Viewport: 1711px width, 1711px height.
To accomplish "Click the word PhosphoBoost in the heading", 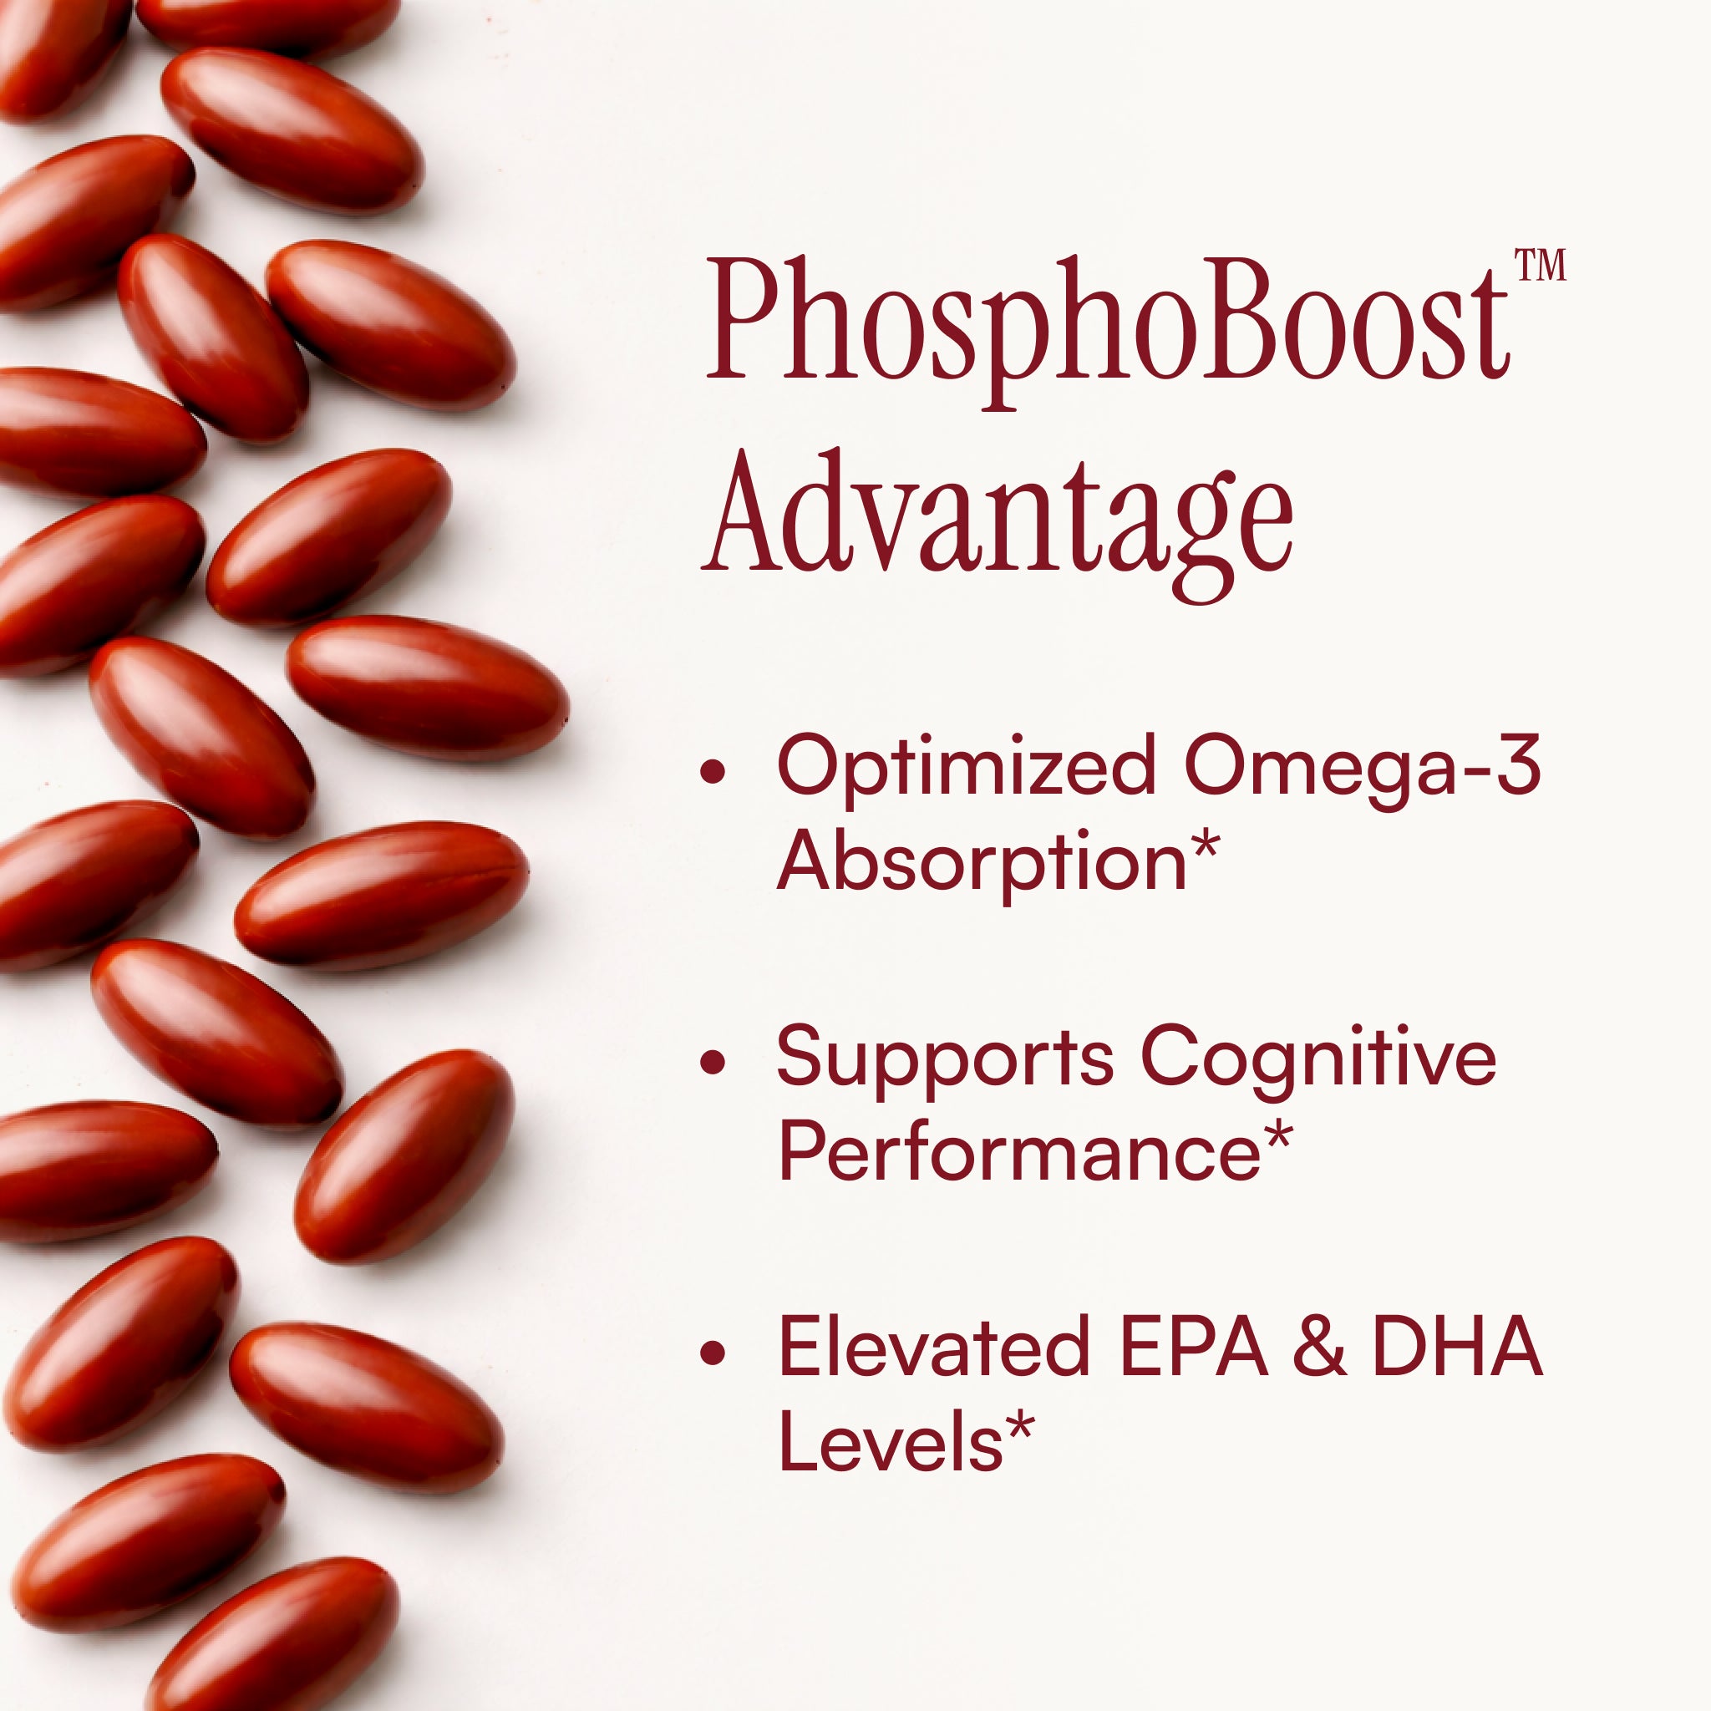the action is click(x=1107, y=333).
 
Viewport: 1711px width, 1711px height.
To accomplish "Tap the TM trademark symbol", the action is click(x=1540, y=265).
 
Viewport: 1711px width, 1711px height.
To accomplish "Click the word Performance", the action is click(x=1019, y=1152).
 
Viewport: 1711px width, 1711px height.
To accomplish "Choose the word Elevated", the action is click(x=934, y=1347).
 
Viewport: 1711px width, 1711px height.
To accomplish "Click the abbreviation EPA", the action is click(x=1193, y=1347).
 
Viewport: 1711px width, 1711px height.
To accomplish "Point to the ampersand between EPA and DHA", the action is click(x=1319, y=1347).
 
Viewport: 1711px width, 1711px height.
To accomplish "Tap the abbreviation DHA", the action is click(x=1457, y=1347).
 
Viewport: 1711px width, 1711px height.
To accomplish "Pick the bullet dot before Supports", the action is click(x=712, y=1063).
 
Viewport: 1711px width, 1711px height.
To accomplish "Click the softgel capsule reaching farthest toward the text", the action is click(x=427, y=688).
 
